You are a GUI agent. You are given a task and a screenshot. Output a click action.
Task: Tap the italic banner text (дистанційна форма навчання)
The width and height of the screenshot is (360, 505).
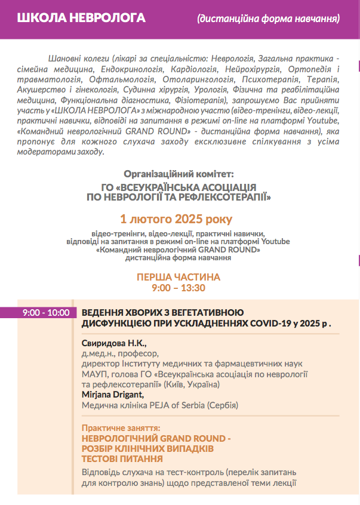[269, 19]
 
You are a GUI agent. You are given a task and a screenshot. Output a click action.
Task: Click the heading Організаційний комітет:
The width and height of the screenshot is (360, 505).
[179, 174]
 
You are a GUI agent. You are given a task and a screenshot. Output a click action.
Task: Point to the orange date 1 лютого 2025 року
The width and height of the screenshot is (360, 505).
[177, 219]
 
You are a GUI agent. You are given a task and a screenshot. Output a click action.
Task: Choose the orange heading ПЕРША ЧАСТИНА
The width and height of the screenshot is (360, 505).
[179, 277]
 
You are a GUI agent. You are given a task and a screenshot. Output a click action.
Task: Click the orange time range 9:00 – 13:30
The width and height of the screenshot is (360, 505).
[179, 288]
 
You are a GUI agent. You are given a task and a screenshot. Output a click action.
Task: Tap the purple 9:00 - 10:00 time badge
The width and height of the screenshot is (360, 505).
[46, 312]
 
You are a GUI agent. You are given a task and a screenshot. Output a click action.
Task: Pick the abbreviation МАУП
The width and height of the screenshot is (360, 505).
[93, 374]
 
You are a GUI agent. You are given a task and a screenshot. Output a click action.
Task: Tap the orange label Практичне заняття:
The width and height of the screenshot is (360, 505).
[121, 428]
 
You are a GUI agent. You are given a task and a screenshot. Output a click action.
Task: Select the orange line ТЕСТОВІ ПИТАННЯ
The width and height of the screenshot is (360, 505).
[122, 458]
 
